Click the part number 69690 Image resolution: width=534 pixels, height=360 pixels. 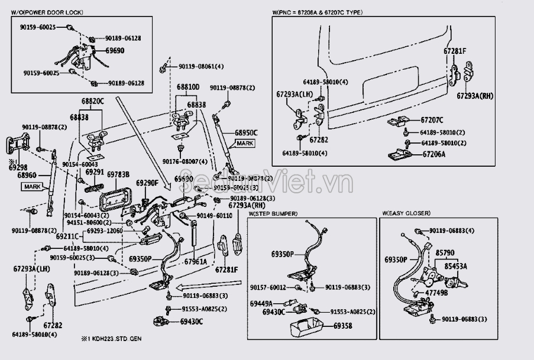point(115,51)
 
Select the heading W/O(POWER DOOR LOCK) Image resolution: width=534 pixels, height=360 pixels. point(47,12)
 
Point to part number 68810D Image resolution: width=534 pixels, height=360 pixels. point(188,87)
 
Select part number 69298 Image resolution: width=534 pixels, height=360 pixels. point(18,168)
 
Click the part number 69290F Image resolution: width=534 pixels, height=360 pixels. point(147,183)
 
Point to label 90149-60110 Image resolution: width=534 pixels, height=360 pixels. point(215,216)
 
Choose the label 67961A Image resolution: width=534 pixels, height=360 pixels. point(195,261)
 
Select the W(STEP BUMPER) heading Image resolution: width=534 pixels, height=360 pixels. point(273,213)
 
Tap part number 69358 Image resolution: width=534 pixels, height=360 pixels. point(342,326)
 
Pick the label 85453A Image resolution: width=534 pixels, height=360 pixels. point(455,267)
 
